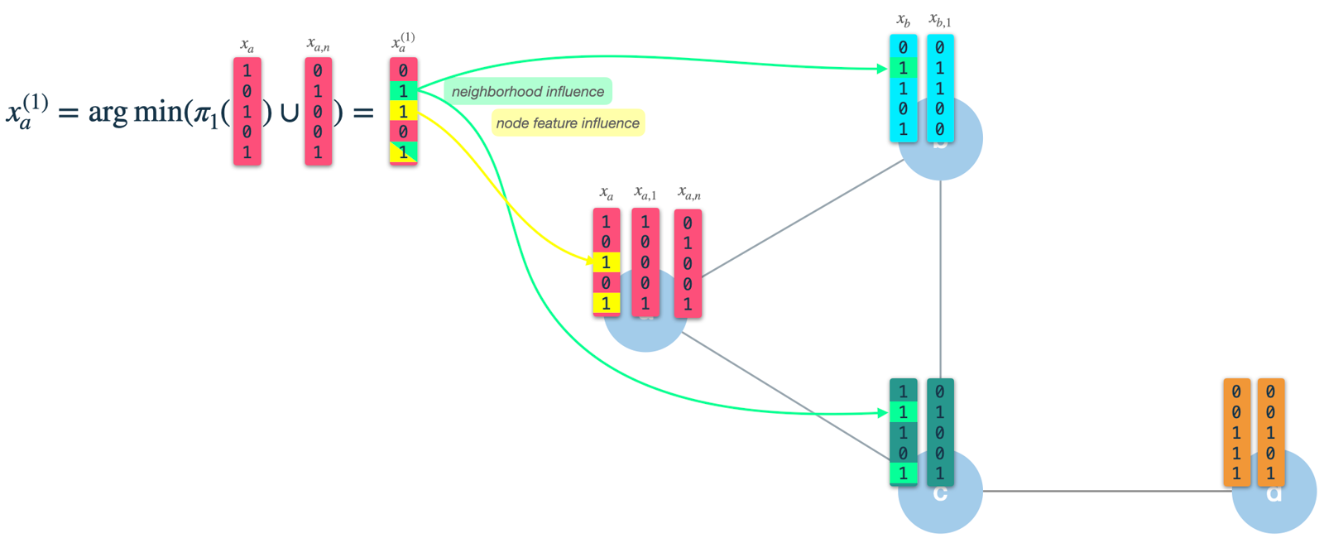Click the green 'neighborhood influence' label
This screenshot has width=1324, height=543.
pyautogui.click(x=528, y=92)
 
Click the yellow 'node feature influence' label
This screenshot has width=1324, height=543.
pyautogui.click(x=568, y=123)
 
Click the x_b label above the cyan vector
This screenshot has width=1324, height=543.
pyautogui.click(x=903, y=21)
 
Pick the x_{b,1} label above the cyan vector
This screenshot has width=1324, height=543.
pyautogui.click(x=940, y=21)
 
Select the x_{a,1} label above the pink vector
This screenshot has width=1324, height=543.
pyautogui.click(x=645, y=194)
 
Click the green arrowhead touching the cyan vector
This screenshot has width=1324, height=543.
pyautogui.click(x=883, y=69)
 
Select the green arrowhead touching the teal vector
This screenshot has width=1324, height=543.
pyautogui.click(x=883, y=412)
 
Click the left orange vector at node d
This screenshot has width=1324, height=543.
pyautogui.click(x=1236, y=432)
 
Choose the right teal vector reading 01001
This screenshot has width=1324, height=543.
pyautogui.click(x=940, y=432)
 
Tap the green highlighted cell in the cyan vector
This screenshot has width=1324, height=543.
pyautogui.click(x=903, y=68)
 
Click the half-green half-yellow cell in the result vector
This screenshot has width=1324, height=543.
pyautogui.click(x=403, y=152)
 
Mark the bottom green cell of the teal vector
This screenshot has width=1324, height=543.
pyautogui.click(x=903, y=473)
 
